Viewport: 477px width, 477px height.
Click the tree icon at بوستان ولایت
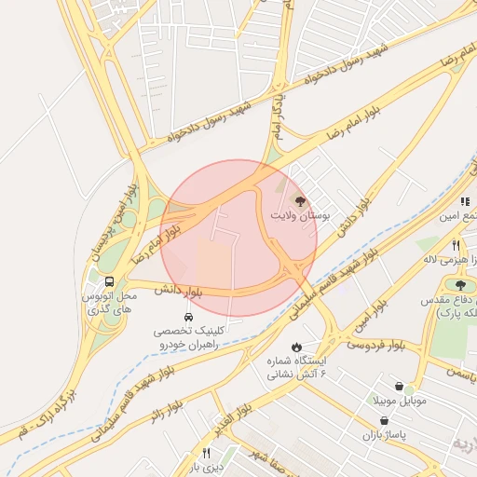coord(299,200)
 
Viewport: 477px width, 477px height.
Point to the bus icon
coord(110,281)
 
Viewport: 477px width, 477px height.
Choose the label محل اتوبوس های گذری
coord(109,301)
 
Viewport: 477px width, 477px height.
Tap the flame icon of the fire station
coord(296,347)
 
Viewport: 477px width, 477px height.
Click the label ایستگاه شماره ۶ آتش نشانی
coord(295,368)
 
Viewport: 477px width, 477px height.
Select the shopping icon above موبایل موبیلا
coord(399,386)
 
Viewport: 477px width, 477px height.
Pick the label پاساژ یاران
coord(383,435)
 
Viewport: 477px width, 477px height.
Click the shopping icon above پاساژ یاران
coord(383,420)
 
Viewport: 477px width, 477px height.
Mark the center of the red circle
coord(238,238)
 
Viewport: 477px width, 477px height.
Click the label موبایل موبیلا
coord(400,401)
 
